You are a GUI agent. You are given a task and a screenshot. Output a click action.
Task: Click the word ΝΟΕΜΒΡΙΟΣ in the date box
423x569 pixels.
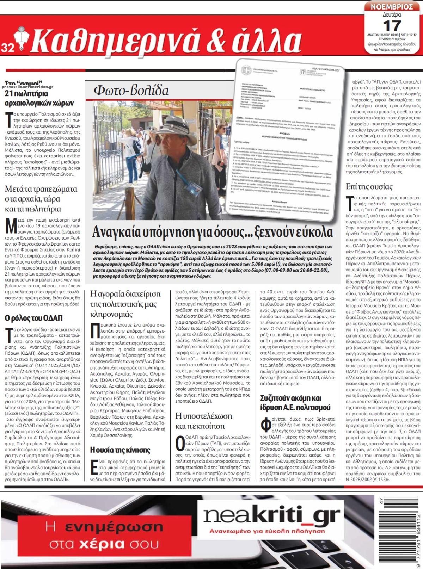click(x=392, y=7)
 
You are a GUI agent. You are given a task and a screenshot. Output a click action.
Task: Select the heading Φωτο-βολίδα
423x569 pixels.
click(x=131, y=91)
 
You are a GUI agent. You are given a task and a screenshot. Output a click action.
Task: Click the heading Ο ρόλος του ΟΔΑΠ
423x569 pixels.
click(x=33, y=318)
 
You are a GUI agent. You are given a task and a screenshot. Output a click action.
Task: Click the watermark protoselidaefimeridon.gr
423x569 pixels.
click(x=27, y=86)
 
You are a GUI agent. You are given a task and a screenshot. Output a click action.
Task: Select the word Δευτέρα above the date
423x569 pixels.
click(x=392, y=15)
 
